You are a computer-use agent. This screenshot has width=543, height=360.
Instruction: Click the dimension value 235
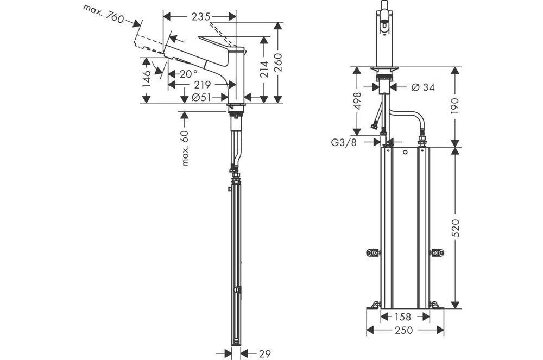[x=200, y=17]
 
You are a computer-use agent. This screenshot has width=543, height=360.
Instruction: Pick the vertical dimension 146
[x=146, y=79]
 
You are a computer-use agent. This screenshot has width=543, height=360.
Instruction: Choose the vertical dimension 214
[x=264, y=68]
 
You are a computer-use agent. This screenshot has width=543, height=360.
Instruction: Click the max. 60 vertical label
[x=185, y=148]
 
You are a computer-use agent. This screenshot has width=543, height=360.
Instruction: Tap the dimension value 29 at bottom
[x=264, y=354]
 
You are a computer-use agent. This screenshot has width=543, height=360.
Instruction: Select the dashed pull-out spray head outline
[x=147, y=44]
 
